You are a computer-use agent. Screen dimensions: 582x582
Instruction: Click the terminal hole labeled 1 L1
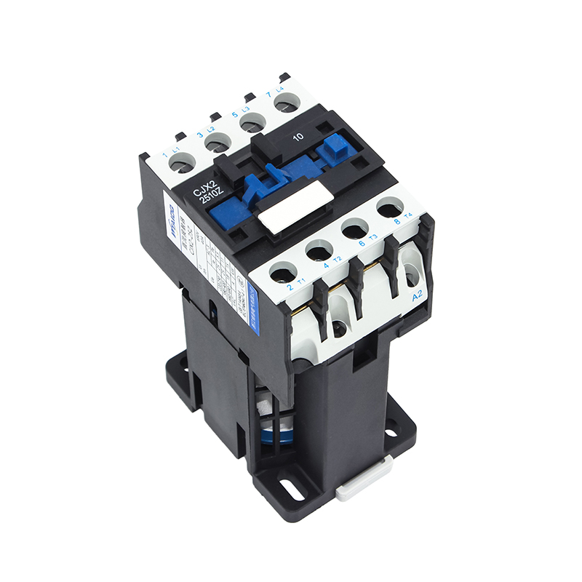coord(182,165)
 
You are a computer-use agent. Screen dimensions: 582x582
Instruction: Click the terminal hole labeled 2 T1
coord(281,274)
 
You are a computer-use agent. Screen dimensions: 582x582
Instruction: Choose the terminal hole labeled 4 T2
coord(319,252)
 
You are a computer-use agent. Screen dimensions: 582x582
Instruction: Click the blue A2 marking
coord(418,297)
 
